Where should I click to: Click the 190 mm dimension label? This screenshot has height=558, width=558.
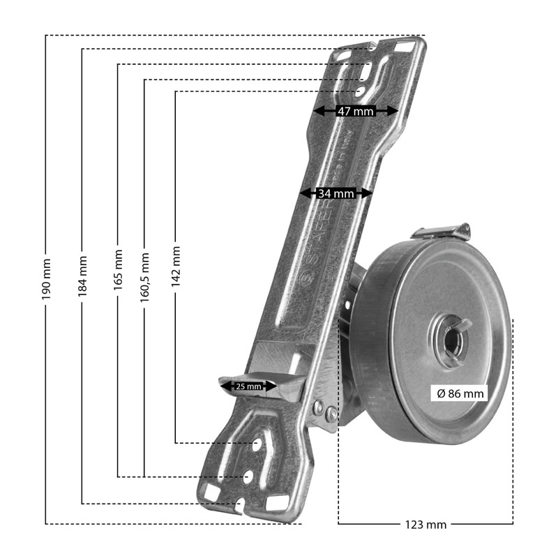[x=46, y=279]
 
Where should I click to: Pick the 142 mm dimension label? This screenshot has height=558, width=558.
[x=175, y=265]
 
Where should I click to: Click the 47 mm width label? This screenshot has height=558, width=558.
[x=355, y=111]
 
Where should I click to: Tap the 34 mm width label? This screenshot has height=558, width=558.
[x=335, y=193]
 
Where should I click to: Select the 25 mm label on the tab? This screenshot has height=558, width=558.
[x=248, y=386]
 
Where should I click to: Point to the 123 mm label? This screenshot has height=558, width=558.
[x=425, y=525]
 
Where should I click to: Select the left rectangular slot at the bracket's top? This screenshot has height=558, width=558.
[x=344, y=54]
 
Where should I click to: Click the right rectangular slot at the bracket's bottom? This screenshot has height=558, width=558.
[x=277, y=502]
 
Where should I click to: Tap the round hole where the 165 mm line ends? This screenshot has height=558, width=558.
[x=248, y=476]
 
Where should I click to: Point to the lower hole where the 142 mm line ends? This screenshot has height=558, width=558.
[x=257, y=444]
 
